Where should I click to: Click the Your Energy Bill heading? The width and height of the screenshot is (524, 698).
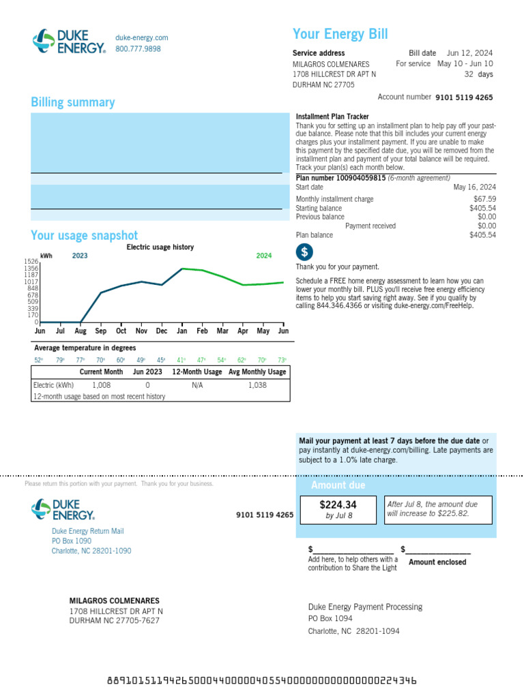coord(340,35)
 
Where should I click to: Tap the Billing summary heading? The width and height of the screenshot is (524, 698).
coord(73,102)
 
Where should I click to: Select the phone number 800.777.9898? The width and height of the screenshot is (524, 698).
coord(138,49)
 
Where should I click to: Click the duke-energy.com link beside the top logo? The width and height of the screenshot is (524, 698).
coord(141,38)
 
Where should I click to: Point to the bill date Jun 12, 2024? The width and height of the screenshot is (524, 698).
coord(469,53)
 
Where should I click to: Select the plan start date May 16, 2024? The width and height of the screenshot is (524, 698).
coord(475,187)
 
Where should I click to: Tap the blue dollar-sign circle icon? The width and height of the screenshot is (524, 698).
coord(304,252)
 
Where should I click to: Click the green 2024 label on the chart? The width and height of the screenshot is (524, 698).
coord(263,256)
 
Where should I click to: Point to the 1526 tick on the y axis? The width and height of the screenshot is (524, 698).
coord(31,262)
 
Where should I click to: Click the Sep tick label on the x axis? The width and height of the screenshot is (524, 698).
coord(101,331)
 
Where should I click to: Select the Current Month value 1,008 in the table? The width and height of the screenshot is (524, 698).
coord(101,385)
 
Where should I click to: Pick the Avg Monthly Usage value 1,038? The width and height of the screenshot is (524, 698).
coord(257,385)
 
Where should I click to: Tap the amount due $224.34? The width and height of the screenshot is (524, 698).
coord(338,505)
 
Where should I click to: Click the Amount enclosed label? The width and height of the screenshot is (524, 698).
coord(437,562)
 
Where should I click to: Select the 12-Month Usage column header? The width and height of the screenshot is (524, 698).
coord(197,372)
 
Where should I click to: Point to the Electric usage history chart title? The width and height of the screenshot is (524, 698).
coord(160,247)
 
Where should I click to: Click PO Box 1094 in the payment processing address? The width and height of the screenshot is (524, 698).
coord(330,619)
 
